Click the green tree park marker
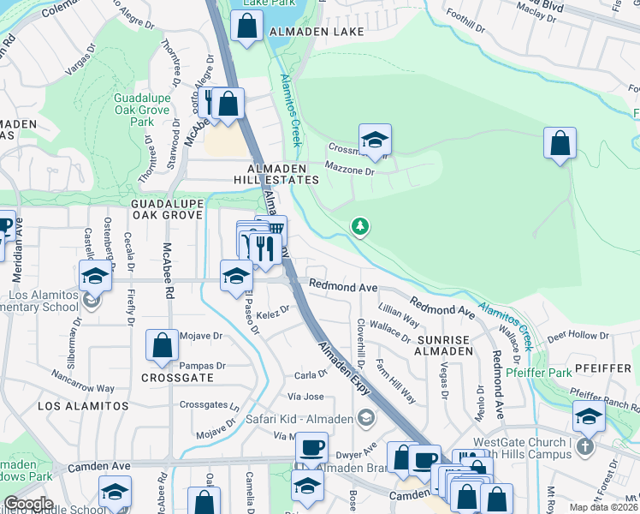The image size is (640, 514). [361, 226]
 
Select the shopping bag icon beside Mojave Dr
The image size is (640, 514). [162, 346]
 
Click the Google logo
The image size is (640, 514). [28, 504]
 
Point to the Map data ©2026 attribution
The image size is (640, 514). [603, 507]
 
